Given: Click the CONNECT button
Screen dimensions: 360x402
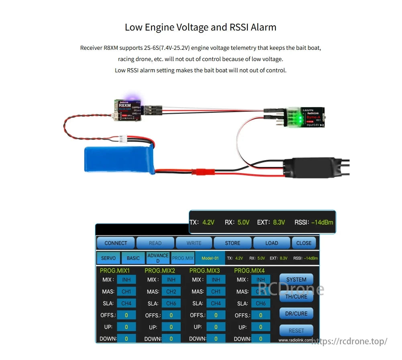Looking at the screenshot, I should (116, 243).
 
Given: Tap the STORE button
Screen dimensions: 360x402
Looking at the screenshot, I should (232, 243).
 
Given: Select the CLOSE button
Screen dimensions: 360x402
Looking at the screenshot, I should (304, 243).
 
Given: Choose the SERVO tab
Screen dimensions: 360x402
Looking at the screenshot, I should (108, 258).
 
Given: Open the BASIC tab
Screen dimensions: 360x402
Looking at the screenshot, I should (133, 258).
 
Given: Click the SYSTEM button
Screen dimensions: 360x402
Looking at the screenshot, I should (296, 280).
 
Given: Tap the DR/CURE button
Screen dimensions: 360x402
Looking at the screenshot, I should (296, 313).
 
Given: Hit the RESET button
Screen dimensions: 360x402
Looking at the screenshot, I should (296, 330).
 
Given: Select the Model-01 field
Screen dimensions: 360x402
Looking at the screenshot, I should (210, 258).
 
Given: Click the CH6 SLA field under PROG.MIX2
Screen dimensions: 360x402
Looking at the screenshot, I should (171, 303).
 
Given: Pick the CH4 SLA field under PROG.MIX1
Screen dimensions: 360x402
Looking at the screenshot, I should (126, 303).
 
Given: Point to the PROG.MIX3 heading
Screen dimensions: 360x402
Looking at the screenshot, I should (205, 271).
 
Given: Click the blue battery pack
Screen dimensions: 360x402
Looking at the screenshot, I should (119, 160).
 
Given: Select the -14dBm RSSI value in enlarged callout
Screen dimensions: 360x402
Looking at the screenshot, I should (322, 222).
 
